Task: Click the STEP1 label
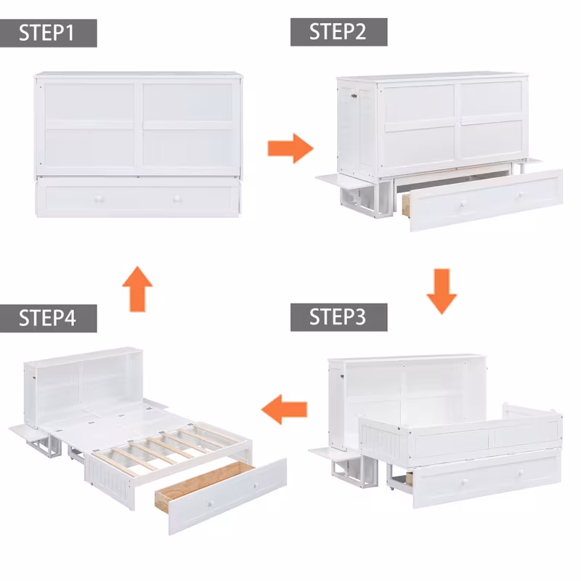point(48,33)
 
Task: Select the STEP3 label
point(338,318)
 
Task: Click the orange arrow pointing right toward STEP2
point(290,149)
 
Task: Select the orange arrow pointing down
point(441,290)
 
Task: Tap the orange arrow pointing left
point(284,409)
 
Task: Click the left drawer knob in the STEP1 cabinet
point(99,199)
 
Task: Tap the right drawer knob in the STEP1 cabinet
point(176,199)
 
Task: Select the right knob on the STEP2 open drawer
point(521,195)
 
